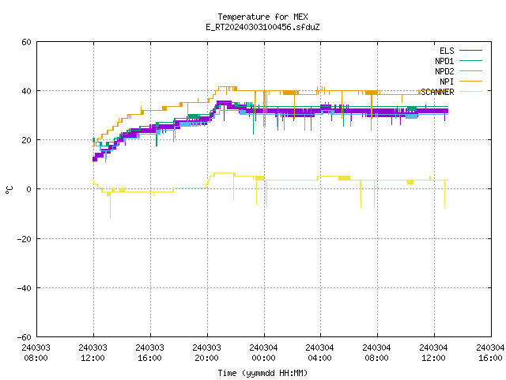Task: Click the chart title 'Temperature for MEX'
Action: click(x=262, y=17)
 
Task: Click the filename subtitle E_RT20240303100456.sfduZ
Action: click(x=262, y=27)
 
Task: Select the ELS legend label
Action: click(x=447, y=51)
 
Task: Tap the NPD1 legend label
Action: click(x=444, y=61)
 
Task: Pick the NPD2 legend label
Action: click(x=444, y=71)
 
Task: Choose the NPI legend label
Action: click(x=447, y=82)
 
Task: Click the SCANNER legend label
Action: click(x=437, y=92)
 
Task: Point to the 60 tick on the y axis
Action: click(x=26, y=42)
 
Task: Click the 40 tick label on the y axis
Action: click(x=26, y=91)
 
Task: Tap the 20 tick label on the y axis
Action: click(x=26, y=140)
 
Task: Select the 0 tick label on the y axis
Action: click(x=29, y=189)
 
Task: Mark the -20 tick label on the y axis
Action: click(x=25, y=239)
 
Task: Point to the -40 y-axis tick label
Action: click(x=25, y=288)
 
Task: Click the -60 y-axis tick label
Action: click(x=25, y=337)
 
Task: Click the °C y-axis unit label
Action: click(x=9, y=190)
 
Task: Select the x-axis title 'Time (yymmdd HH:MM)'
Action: click(x=262, y=373)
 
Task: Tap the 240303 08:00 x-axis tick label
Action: click(x=36, y=353)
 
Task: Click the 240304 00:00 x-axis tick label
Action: click(x=263, y=353)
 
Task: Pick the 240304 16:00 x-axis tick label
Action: click(x=490, y=353)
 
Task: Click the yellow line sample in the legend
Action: click(x=471, y=92)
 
